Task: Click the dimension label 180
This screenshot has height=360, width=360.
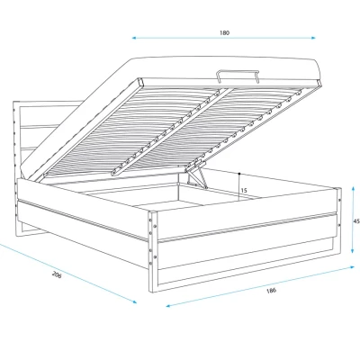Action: [x=224, y=32]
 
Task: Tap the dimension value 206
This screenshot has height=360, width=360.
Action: [x=57, y=274]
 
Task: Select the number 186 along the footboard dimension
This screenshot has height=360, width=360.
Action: [x=271, y=291]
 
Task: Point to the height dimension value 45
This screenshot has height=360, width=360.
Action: [x=356, y=221]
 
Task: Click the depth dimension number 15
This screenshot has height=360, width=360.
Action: [x=244, y=191]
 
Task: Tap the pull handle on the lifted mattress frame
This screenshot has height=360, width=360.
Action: [x=237, y=75]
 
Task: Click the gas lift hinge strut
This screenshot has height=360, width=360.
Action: [x=195, y=175]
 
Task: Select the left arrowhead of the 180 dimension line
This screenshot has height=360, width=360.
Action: [x=135, y=38]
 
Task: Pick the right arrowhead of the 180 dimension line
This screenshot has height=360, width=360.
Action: [x=313, y=38]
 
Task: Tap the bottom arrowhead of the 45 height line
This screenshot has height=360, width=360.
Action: [x=354, y=250]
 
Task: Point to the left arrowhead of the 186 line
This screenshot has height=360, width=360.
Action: [x=168, y=306]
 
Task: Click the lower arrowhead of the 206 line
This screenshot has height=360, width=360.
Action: [x=134, y=301]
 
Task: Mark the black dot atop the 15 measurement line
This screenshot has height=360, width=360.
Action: [x=239, y=174]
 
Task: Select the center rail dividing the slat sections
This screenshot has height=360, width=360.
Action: [x=171, y=132]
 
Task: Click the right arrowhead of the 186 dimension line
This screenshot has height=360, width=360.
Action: [x=352, y=266]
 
